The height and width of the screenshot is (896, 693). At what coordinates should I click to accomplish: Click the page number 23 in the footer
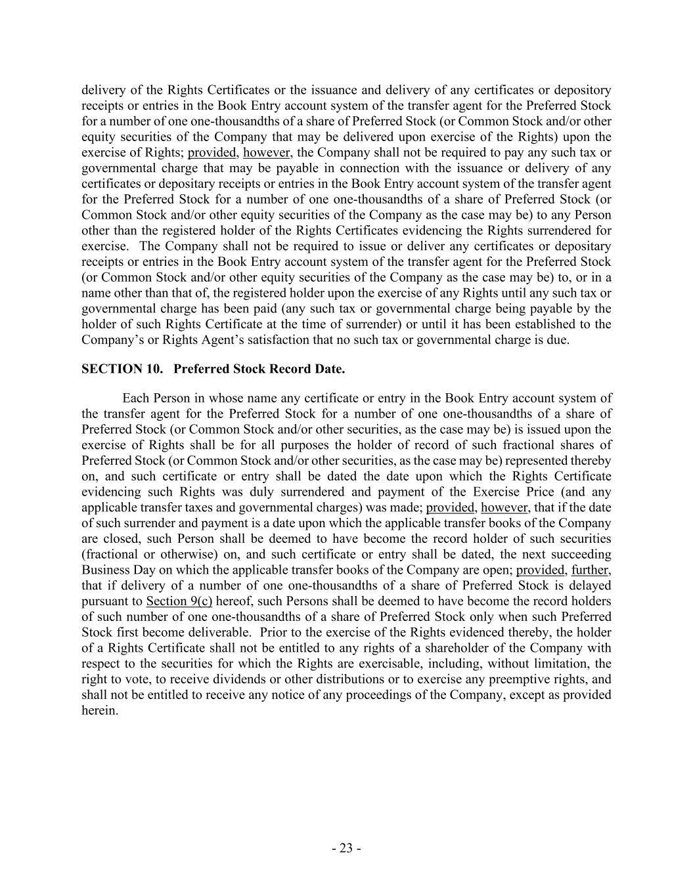tap(346, 848)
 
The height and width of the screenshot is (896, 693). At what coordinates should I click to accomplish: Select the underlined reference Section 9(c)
tap(179, 601)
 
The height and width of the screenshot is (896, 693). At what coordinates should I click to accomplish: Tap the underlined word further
tap(591, 570)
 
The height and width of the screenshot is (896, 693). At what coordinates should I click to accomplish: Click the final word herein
tap(100, 711)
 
